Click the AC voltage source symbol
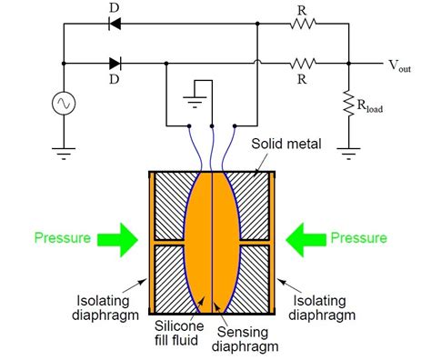coord(63,105)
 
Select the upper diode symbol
coord(115,25)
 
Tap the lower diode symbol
coord(115,65)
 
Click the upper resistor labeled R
coord(304,25)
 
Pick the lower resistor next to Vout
coord(304,65)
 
